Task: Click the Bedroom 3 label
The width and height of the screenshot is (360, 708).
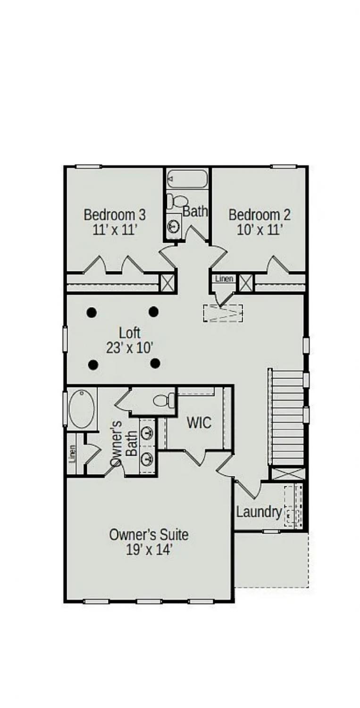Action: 115,215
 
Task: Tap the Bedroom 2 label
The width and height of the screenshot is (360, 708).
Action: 260,215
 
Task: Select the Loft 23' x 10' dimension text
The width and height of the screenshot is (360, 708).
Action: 130,348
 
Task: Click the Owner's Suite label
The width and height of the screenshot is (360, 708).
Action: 149,534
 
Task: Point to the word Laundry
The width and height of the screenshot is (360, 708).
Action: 259,512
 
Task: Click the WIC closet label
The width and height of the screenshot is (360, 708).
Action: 199,422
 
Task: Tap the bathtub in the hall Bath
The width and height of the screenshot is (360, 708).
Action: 187,179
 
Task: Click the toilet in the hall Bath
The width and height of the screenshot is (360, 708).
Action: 176,201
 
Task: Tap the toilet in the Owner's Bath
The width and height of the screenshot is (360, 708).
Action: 164,401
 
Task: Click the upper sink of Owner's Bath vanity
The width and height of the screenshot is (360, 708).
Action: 147,433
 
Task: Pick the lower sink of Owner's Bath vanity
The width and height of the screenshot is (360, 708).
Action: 147,459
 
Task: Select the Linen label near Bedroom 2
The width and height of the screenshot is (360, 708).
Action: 224,278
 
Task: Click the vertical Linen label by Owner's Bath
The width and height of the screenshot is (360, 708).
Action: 72,454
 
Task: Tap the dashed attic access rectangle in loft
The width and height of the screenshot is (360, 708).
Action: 223,313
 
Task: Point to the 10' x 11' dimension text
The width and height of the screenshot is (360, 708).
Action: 260,230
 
